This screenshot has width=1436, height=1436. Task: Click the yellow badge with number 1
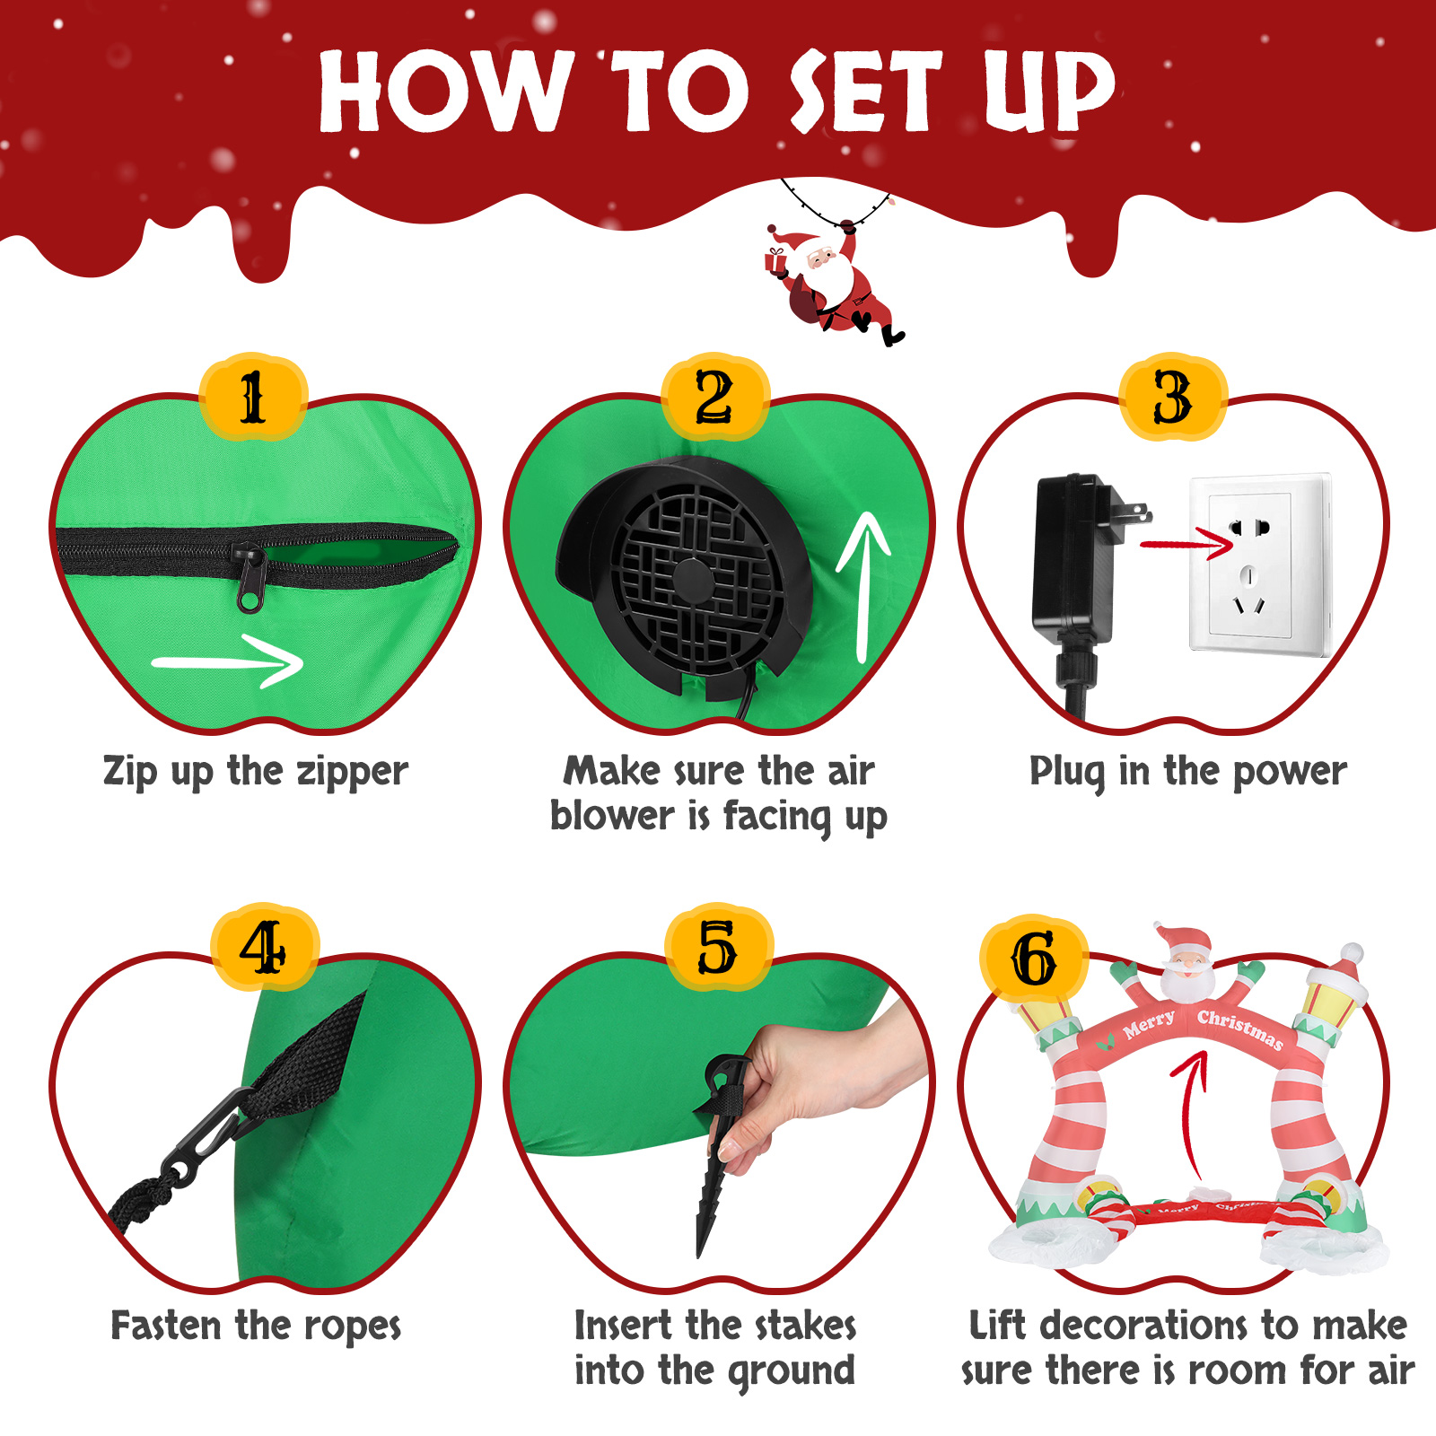(x=253, y=396)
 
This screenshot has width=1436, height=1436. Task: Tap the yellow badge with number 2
(x=715, y=396)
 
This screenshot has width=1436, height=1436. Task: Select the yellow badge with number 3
(x=1173, y=396)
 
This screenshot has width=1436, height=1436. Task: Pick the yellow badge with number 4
(x=264, y=948)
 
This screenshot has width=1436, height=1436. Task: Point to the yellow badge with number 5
(x=718, y=948)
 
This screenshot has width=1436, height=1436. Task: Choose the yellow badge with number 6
(x=1034, y=959)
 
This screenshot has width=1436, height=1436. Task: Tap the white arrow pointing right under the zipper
(x=228, y=662)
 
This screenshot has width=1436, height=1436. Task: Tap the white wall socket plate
(x=1258, y=565)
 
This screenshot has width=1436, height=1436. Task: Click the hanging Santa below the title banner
(x=830, y=283)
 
